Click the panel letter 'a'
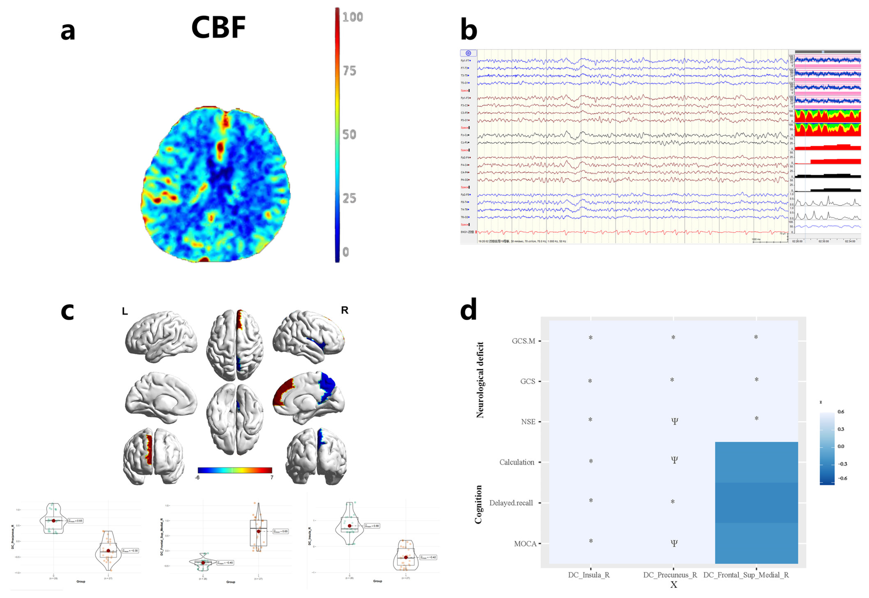(68, 31)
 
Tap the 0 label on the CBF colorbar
(346, 252)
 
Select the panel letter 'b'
(469, 30)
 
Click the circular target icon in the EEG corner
(468, 53)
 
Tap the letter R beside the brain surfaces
(345, 310)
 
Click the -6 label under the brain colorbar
(197, 477)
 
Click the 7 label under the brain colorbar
(272, 477)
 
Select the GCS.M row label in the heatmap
(523, 341)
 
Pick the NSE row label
(528, 422)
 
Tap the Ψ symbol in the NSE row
(674, 421)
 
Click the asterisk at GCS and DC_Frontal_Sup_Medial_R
(756, 380)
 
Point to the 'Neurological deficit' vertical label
(480, 380)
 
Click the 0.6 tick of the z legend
(841, 412)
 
